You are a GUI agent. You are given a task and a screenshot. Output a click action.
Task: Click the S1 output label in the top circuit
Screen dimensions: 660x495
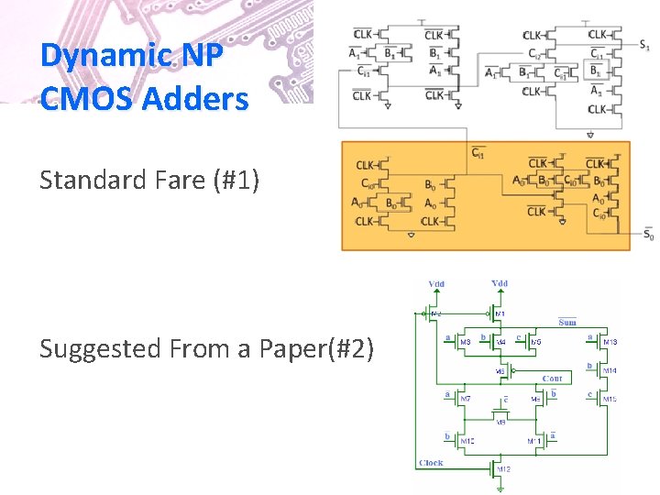click(645, 43)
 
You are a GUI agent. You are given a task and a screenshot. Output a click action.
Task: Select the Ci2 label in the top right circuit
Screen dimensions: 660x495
click(534, 53)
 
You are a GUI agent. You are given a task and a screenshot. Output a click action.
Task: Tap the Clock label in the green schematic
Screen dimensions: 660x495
click(430, 464)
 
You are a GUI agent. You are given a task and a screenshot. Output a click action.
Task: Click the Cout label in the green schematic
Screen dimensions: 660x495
click(552, 378)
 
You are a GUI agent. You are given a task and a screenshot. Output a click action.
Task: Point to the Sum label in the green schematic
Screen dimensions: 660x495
click(567, 322)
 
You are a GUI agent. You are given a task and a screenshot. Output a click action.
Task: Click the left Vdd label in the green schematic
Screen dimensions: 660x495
click(437, 284)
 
